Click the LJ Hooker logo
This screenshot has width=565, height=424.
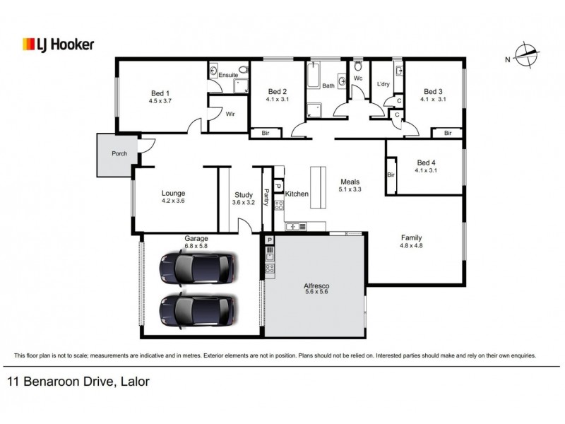[58, 45]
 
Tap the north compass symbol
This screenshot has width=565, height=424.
[525, 56]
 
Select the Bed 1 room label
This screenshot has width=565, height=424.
[160, 93]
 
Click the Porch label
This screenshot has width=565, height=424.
[119, 154]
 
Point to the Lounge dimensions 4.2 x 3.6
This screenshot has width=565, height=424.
[173, 201]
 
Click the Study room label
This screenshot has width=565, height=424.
[244, 194]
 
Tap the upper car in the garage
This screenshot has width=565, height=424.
[197, 267]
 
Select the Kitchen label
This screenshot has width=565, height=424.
[297, 193]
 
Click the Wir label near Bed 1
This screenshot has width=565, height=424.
[230, 114]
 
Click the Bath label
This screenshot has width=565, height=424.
[328, 86]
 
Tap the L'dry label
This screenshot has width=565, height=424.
[383, 85]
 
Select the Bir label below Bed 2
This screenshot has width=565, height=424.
[266, 132]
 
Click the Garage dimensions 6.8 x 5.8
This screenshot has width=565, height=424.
[196, 245]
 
